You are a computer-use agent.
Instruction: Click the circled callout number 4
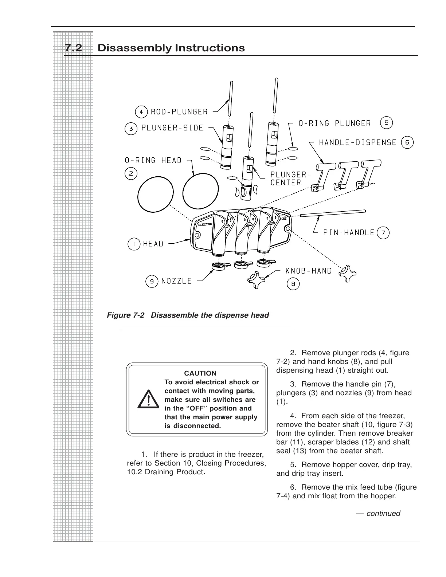141,111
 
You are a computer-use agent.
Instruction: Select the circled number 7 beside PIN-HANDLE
383,232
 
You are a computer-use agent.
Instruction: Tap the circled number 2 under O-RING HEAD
131,173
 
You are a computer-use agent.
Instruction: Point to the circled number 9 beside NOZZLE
152,281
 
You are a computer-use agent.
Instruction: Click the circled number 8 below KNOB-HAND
293,284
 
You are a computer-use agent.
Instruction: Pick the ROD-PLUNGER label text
179,112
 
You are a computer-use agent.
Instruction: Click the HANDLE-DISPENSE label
357,142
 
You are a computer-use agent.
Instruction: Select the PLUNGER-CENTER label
290,178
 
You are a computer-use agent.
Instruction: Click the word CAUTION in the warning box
200,373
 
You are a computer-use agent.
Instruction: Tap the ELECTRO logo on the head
204,224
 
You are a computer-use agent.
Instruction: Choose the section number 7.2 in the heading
73,48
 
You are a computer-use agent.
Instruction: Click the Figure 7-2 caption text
188,315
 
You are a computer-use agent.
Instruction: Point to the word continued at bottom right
383,513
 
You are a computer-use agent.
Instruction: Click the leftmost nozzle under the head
220,267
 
